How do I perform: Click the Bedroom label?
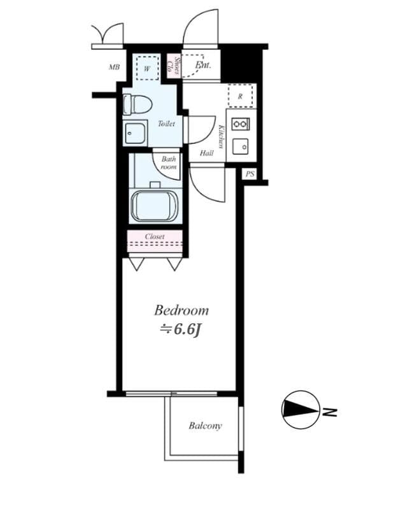click(181, 310)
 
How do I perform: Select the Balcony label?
click(205, 426)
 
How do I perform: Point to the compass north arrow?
click(300, 409)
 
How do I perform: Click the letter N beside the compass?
click(330, 412)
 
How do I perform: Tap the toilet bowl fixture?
click(138, 104)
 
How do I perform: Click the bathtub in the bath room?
click(155, 206)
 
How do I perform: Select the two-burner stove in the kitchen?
click(241, 123)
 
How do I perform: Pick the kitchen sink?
click(241, 147)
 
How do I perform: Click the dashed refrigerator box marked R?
click(241, 96)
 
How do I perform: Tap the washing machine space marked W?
click(148, 68)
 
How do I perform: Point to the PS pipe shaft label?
click(250, 174)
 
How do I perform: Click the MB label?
click(114, 67)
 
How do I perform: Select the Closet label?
click(155, 237)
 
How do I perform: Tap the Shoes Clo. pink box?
click(174, 66)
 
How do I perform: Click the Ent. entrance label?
click(203, 65)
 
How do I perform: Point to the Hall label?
click(207, 153)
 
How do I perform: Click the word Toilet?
click(166, 123)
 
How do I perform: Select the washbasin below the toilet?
click(135, 134)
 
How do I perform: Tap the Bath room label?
click(169, 163)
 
